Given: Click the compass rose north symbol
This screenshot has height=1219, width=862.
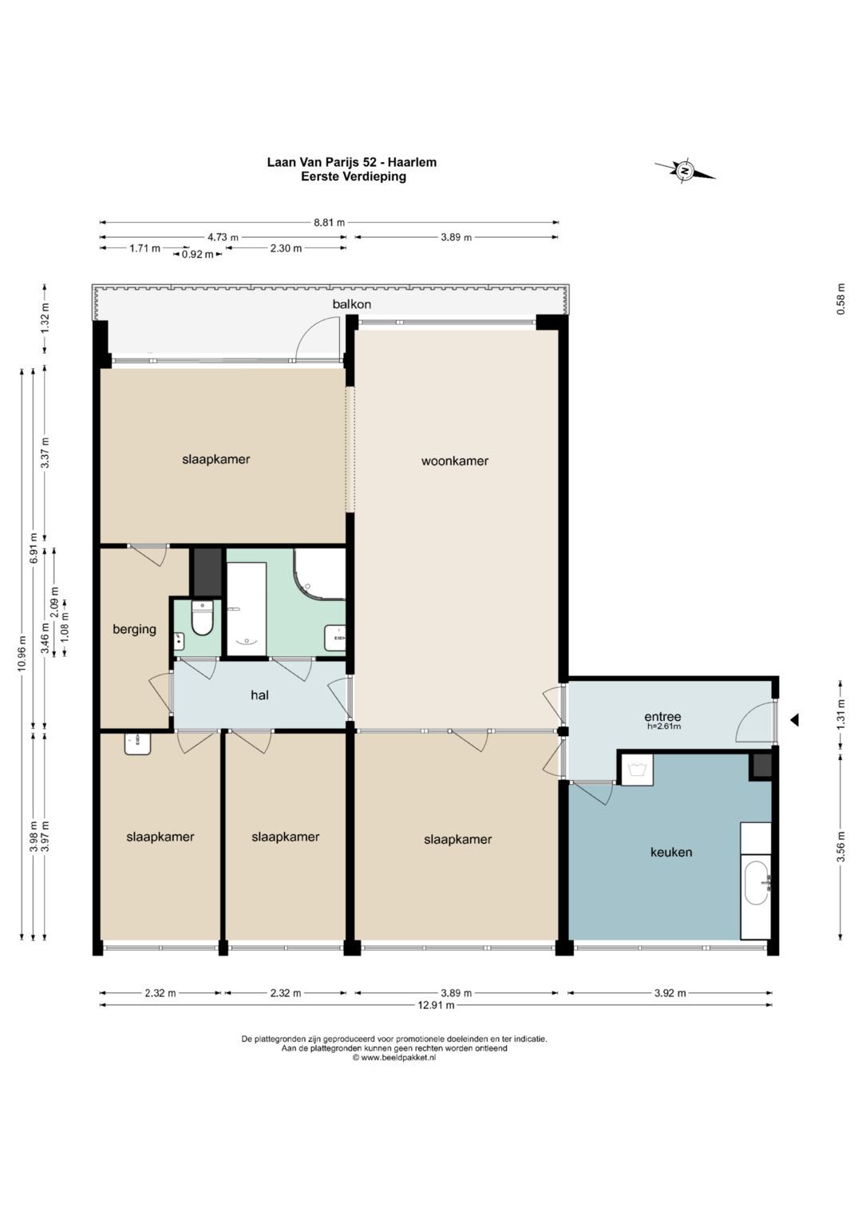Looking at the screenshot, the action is pyautogui.click(x=685, y=171).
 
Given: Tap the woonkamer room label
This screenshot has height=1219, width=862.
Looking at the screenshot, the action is pyautogui.click(x=455, y=461).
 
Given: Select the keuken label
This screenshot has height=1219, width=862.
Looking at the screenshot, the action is pyautogui.click(x=671, y=852).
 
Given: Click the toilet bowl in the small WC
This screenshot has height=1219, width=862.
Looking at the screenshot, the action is pyautogui.click(x=203, y=619).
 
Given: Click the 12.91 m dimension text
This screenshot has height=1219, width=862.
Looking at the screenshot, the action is pyautogui.click(x=435, y=1005).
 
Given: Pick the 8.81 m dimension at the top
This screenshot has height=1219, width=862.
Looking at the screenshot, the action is pyautogui.click(x=330, y=222).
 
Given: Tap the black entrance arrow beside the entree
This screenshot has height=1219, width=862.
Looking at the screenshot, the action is pyautogui.click(x=794, y=721).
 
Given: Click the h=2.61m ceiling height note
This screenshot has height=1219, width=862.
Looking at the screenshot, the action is pyautogui.click(x=663, y=726).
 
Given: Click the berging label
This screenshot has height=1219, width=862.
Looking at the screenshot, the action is pyautogui.click(x=134, y=629).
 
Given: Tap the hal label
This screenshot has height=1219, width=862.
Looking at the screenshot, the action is pyautogui.click(x=259, y=695).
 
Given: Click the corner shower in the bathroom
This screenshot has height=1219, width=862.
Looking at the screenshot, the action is pyautogui.click(x=319, y=574).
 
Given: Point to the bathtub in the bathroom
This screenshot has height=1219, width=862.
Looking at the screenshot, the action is pyautogui.click(x=247, y=609).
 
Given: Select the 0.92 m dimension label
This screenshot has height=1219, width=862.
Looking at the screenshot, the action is pyautogui.click(x=198, y=254).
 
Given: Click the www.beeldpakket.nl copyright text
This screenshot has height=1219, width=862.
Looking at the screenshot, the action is pyautogui.click(x=394, y=1058).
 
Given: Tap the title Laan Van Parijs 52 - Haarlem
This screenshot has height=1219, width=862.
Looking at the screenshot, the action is pyautogui.click(x=351, y=162).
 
